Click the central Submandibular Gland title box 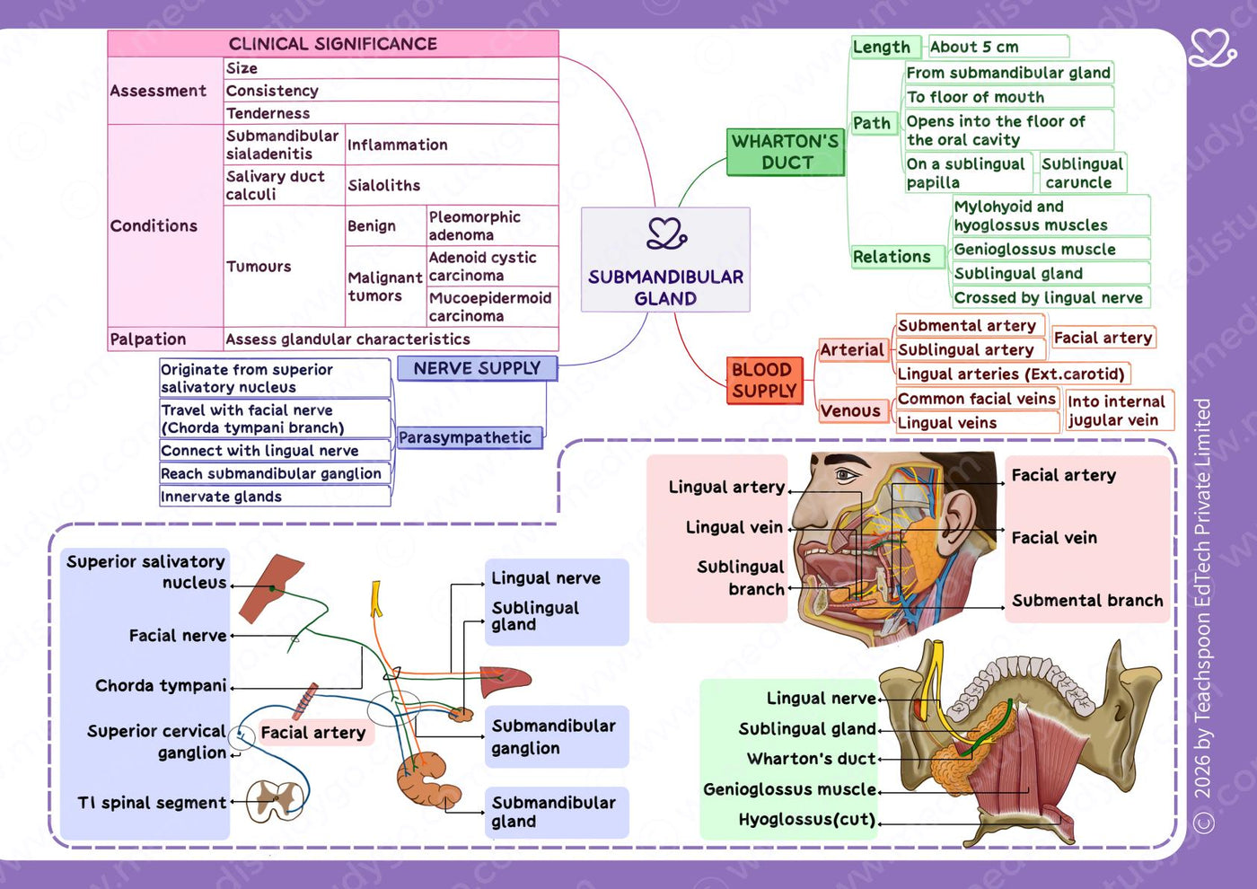(x=665, y=260)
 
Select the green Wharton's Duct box (x=786, y=152)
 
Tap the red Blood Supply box (x=764, y=381)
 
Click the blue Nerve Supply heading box (x=478, y=368)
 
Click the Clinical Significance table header (x=333, y=44)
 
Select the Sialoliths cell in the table (x=452, y=185)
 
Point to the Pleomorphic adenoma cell (x=492, y=225)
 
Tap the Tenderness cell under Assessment (x=391, y=113)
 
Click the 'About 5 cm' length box (x=998, y=47)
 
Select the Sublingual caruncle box (x=1083, y=172)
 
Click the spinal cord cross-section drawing (x=276, y=801)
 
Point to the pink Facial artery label (x=313, y=733)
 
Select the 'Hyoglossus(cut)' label (x=807, y=820)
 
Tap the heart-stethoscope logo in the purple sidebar (x=1212, y=48)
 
